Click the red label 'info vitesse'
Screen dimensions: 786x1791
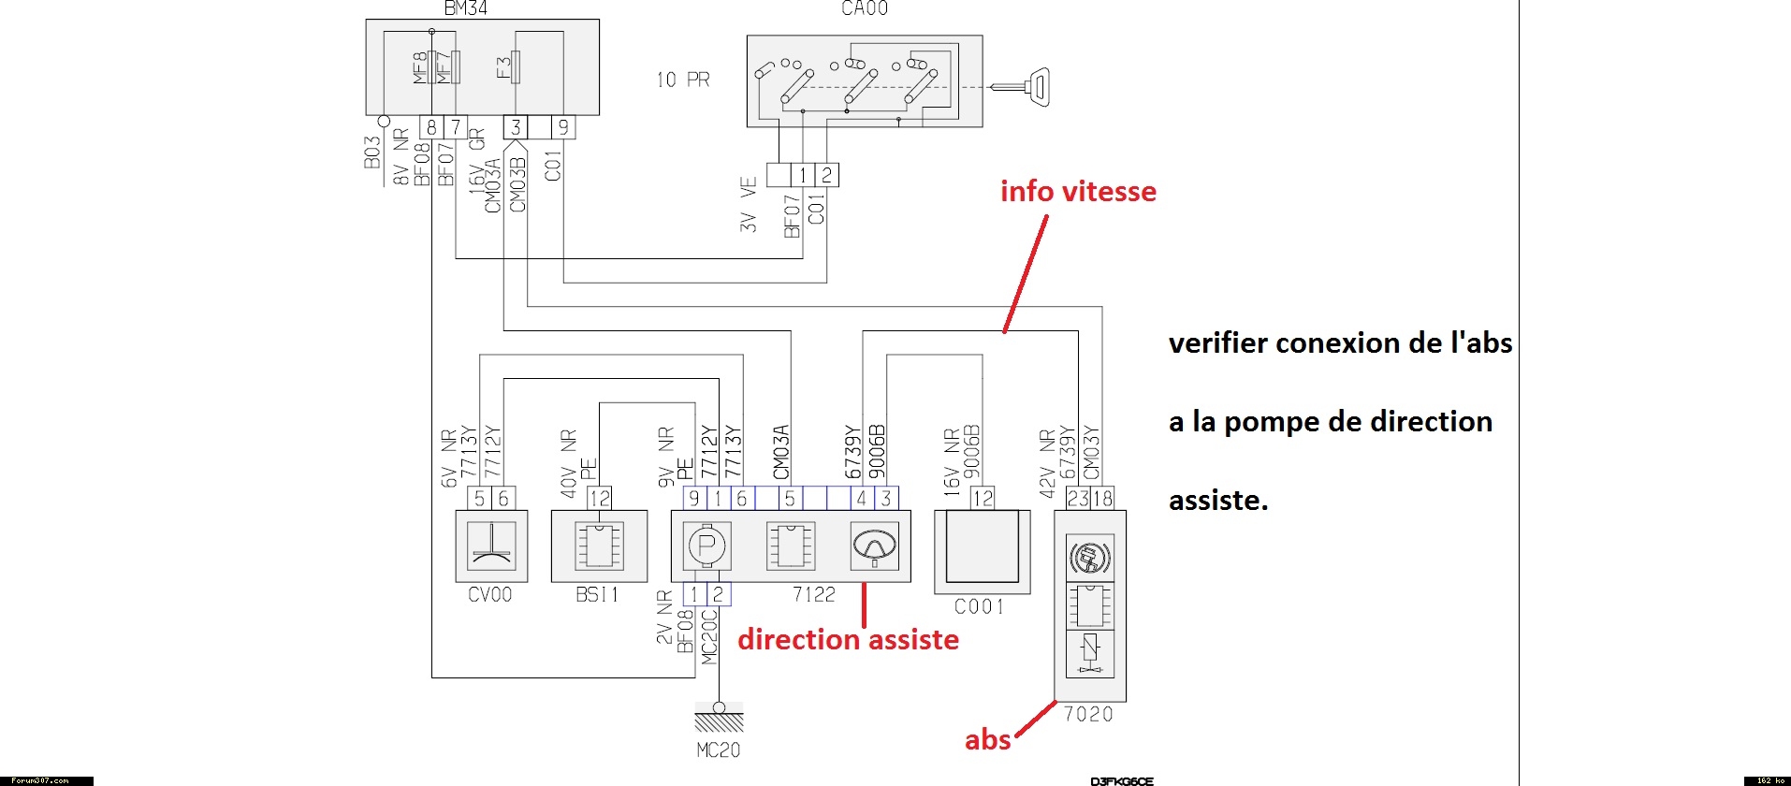click(1078, 192)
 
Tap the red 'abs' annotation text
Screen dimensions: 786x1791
click(987, 740)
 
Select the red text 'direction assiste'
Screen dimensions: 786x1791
click(848, 640)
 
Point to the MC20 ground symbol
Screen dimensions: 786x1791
click(719, 720)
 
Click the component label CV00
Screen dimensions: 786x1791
click(489, 595)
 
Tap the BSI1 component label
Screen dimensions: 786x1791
click(597, 595)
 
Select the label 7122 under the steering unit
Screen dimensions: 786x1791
click(813, 595)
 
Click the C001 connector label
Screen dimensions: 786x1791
click(979, 607)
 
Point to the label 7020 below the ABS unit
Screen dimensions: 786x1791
click(1088, 715)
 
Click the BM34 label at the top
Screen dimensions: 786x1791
click(465, 8)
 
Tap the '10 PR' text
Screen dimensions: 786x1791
click(683, 80)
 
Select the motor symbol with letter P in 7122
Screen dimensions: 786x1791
click(707, 546)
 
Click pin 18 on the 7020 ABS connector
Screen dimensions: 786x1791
click(1102, 499)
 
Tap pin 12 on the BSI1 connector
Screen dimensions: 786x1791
click(599, 499)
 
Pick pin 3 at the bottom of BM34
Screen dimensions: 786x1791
click(516, 127)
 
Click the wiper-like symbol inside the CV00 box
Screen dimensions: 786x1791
click(491, 546)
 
